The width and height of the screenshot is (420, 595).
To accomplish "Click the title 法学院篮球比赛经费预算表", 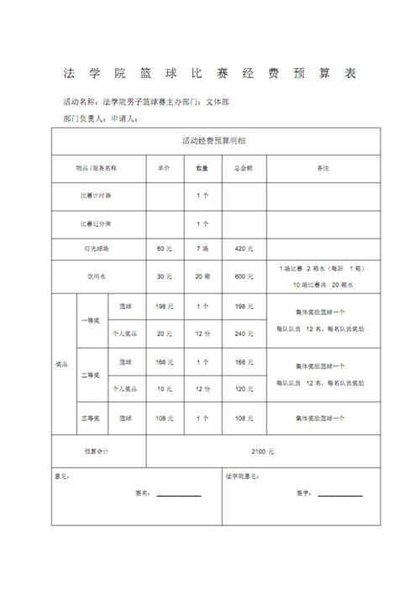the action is [x=210, y=73].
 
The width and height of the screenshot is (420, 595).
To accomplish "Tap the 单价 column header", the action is [x=164, y=168].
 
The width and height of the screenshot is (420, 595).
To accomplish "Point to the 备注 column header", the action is [x=323, y=168].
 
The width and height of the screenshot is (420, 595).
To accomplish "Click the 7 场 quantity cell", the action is [x=202, y=249].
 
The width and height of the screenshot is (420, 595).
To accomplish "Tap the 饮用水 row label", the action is [x=98, y=276].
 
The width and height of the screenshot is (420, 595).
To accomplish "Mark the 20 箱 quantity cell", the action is [x=202, y=276].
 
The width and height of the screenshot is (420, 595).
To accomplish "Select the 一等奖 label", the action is [x=90, y=319].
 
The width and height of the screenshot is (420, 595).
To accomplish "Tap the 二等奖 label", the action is [x=90, y=375].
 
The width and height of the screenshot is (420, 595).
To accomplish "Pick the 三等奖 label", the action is [x=90, y=418].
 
